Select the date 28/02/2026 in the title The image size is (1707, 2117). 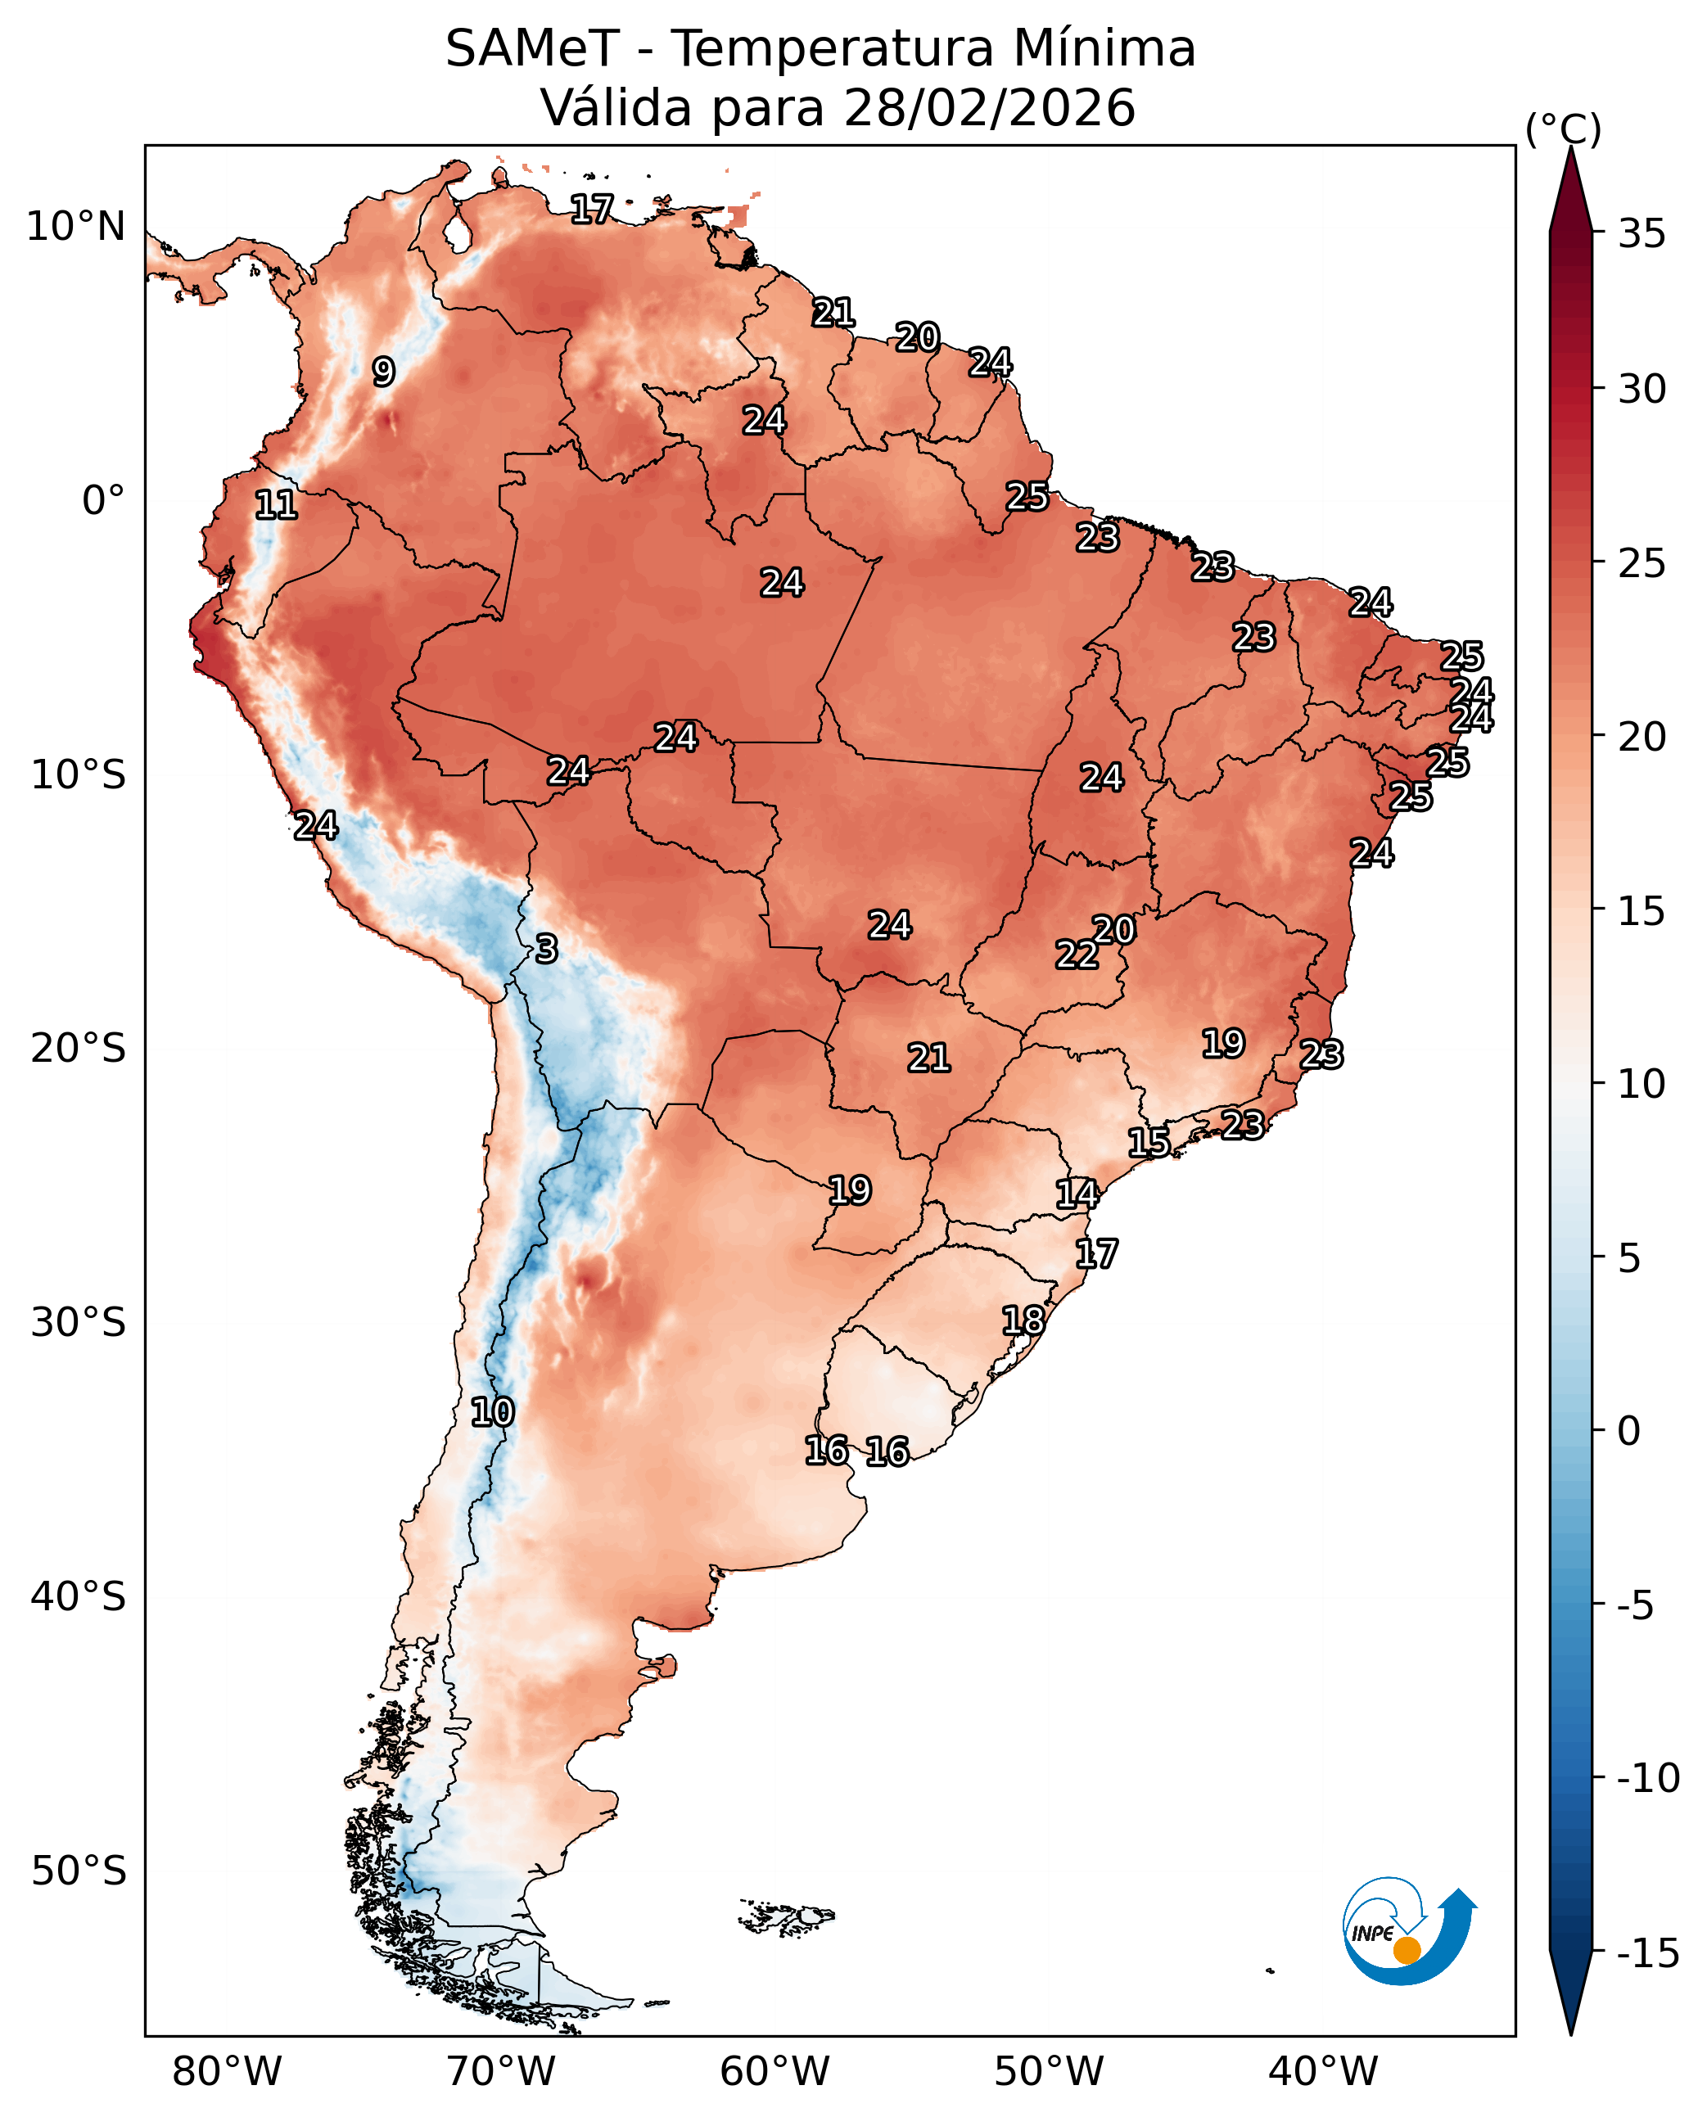click(x=989, y=108)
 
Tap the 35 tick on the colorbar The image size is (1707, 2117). click(x=1642, y=234)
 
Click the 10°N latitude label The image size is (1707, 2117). click(x=75, y=227)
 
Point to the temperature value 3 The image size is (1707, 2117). click(x=547, y=949)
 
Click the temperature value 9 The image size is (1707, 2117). click(x=383, y=372)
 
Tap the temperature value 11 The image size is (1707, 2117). click(x=276, y=505)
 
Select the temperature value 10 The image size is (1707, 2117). click(x=493, y=1412)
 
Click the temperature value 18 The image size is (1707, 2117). click(x=1023, y=1320)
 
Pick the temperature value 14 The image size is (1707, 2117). click(x=1077, y=1194)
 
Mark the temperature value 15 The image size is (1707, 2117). click(x=1149, y=1143)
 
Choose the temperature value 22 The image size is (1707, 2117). click(x=1077, y=954)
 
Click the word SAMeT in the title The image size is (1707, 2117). click(x=532, y=49)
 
